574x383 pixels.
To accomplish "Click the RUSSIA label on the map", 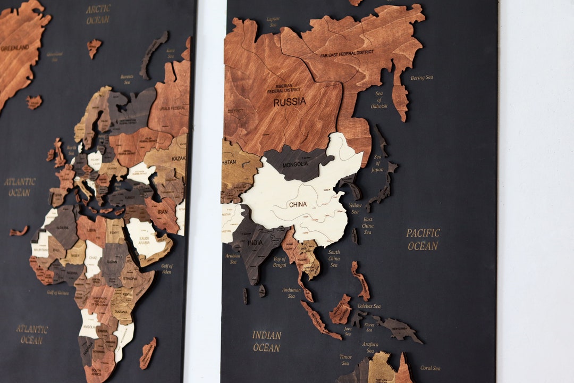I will click(x=290, y=102).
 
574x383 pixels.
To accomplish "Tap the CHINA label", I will click(x=298, y=204).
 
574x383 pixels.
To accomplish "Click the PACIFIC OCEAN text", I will click(x=423, y=239).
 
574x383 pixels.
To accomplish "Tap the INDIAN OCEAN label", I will click(x=266, y=341).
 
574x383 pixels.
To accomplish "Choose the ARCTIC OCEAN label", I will click(x=98, y=14).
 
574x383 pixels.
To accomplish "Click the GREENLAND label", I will click(x=14, y=48).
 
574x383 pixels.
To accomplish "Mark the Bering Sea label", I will click(x=421, y=78).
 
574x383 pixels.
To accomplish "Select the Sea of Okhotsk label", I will click(x=379, y=100).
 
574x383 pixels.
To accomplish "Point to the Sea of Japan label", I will click(x=378, y=163).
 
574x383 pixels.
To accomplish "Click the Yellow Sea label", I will click(x=354, y=209).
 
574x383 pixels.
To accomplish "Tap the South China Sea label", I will click(x=334, y=259).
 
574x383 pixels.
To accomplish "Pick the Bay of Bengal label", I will click(x=280, y=262).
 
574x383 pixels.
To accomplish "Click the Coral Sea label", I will click(x=430, y=368).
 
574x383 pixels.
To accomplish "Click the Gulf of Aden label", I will click(x=167, y=268).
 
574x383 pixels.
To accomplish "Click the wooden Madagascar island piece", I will click(x=147, y=353).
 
